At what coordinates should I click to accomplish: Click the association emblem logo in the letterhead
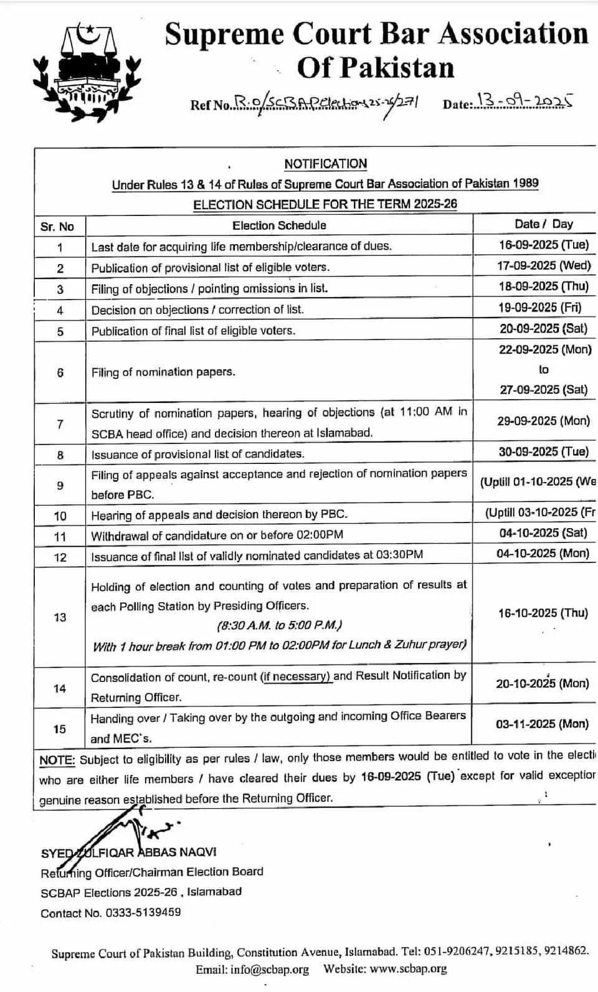click(87, 70)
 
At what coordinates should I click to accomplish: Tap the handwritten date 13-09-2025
click(524, 101)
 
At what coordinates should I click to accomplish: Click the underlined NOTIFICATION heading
click(325, 164)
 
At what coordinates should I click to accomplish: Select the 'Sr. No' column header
click(57, 226)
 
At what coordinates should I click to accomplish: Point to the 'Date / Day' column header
click(543, 224)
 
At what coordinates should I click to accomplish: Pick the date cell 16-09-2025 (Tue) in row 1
click(543, 245)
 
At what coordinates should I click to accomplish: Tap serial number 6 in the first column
click(60, 372)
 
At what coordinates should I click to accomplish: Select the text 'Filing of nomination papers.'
click(163, 372)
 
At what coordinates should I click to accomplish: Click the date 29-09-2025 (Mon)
click(543, 421)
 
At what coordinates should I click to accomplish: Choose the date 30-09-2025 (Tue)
click(543, 452)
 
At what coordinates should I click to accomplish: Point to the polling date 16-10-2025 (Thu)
click(543, 613)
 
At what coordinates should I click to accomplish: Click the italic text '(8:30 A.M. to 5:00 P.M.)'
click(280, 625)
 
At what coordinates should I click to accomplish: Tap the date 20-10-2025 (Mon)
click(542, 684)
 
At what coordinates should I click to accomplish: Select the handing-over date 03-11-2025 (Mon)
click(542, 724)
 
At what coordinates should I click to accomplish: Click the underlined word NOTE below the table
click(57, 760)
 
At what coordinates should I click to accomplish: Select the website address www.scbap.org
click(409, 969)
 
